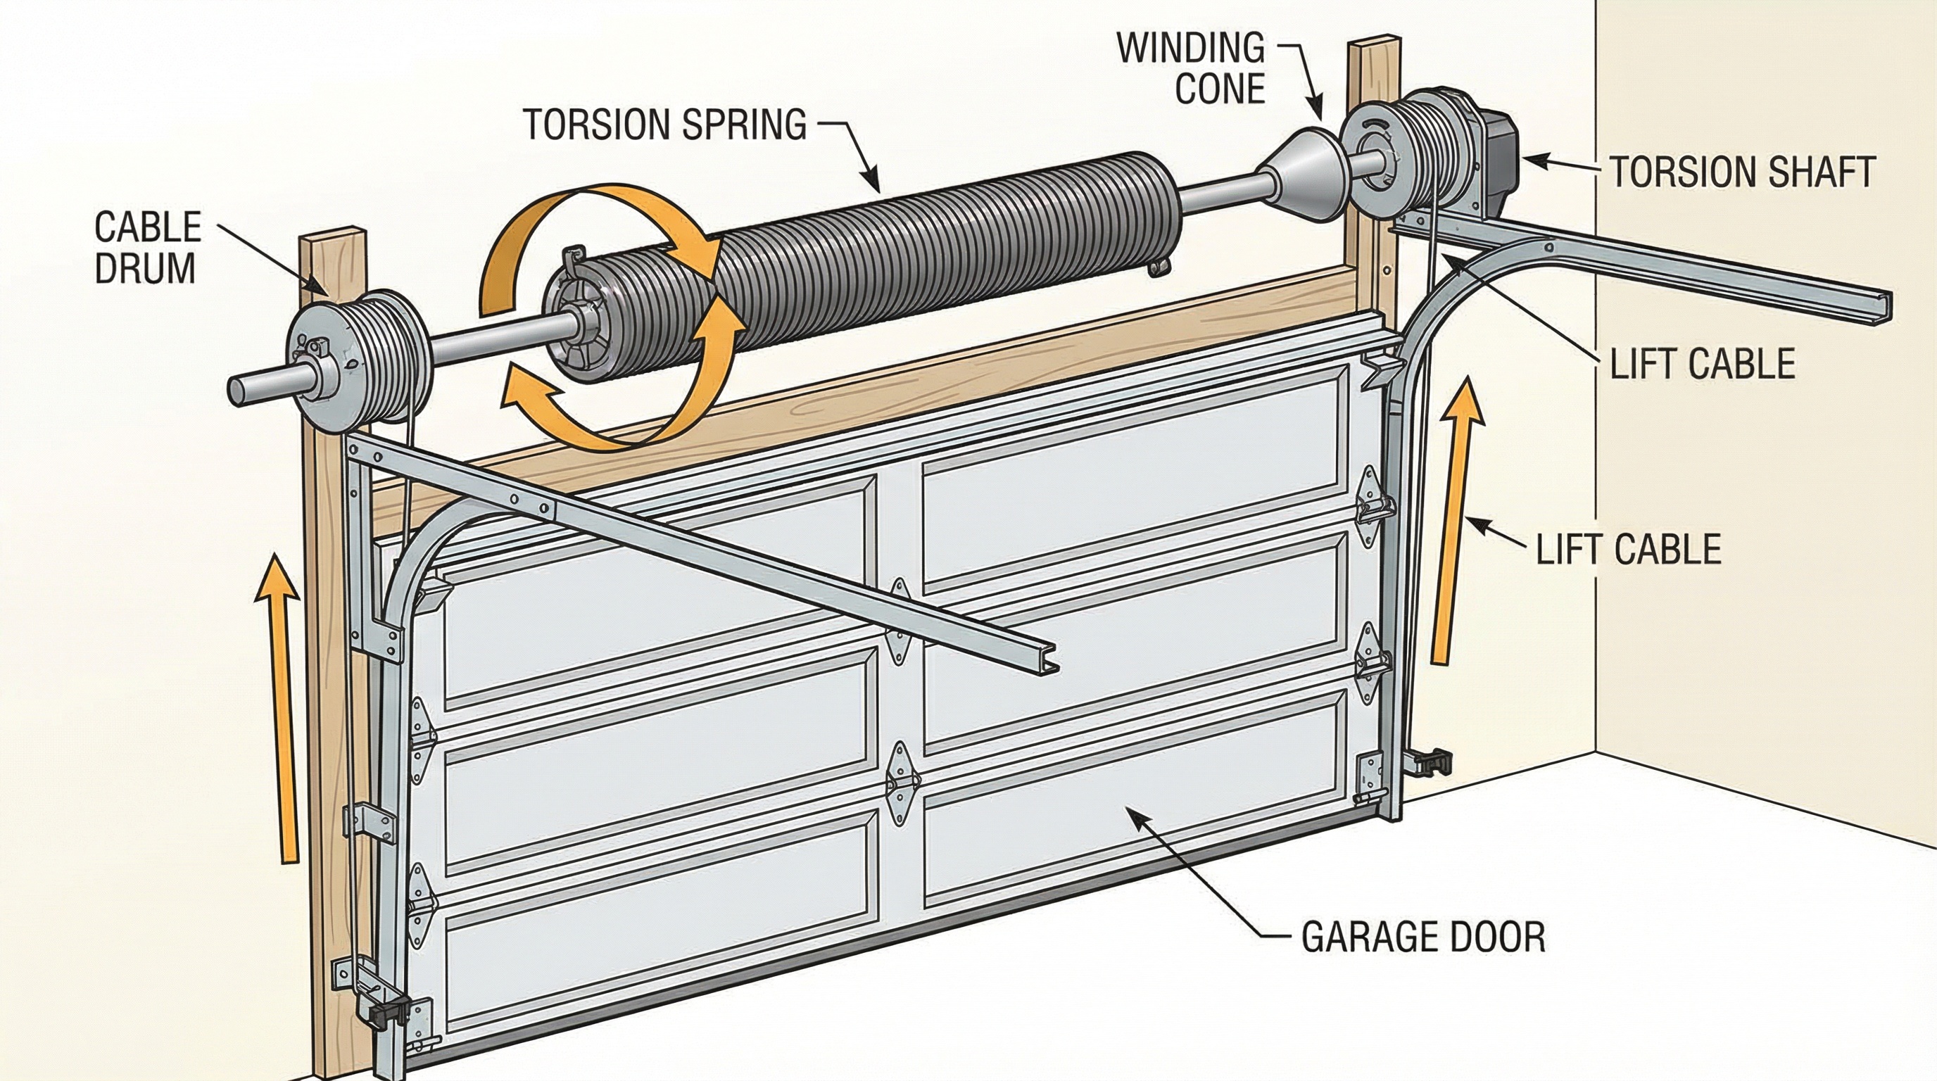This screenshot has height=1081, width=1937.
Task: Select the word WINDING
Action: point(1190,48)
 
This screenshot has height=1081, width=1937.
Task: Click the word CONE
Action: point(1219,89)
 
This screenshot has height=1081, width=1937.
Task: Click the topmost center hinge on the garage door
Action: point(900,620)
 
